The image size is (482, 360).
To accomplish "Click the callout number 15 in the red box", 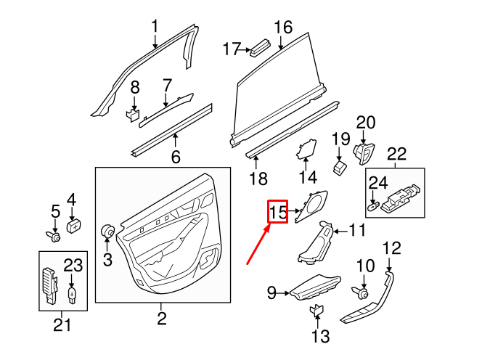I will pos(279,213).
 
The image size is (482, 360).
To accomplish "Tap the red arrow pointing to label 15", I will pos(258,245).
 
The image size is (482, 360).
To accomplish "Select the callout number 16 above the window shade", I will pos(282,28).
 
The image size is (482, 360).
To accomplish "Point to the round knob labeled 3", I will pos(108,232).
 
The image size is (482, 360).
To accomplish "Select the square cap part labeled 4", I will pos(73,225).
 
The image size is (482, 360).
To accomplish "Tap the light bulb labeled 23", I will pos(72,293).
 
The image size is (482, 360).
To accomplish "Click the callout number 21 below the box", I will pos(63,324).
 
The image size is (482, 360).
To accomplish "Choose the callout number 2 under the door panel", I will pos(161,318).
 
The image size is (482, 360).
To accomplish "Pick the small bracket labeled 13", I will pos(318,311).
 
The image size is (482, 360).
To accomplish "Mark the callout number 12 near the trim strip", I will pos(391,249).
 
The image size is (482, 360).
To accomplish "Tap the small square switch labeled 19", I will pos(340,166).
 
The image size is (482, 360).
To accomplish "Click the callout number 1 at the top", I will pos(154,28).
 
